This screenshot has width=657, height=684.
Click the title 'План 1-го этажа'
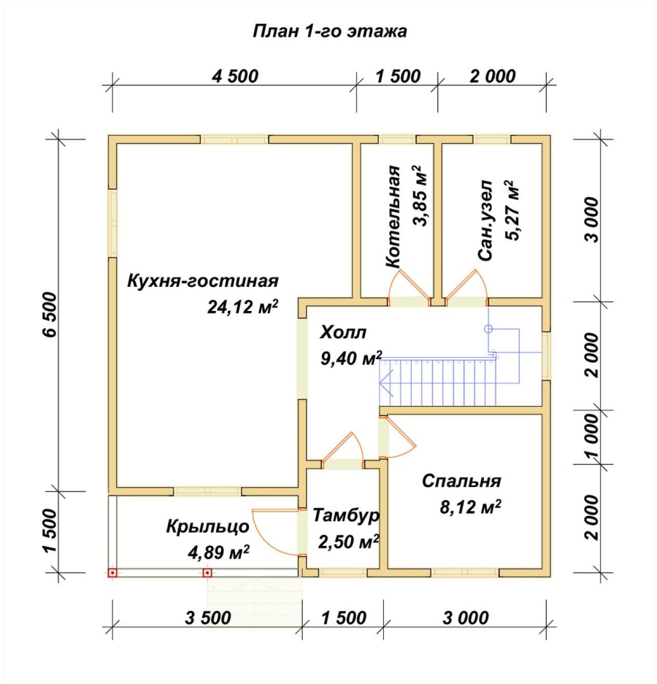point(330,31)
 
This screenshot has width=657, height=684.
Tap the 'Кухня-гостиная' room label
point(203,280)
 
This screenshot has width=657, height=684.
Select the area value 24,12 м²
point(242,307)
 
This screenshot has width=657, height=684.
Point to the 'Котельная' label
point(393,216)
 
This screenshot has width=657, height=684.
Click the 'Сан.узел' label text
point(485,220)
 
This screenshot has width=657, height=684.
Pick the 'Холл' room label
point(343,332)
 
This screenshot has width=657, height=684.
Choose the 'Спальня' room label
point(461,481)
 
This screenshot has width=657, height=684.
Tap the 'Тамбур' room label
point(346,515)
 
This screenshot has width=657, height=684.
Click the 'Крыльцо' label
point(207,526)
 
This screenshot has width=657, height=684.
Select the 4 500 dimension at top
point(235,77)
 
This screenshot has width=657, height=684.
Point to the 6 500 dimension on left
point(50,315)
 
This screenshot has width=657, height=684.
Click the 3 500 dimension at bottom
point(207,618)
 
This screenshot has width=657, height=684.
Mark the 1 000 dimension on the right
point(592,437)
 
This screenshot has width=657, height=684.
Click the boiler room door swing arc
point(393,282)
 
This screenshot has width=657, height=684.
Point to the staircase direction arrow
point(386,383)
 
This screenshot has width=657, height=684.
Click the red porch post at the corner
point(112,573)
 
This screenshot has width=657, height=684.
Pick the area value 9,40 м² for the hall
point(351,358)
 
